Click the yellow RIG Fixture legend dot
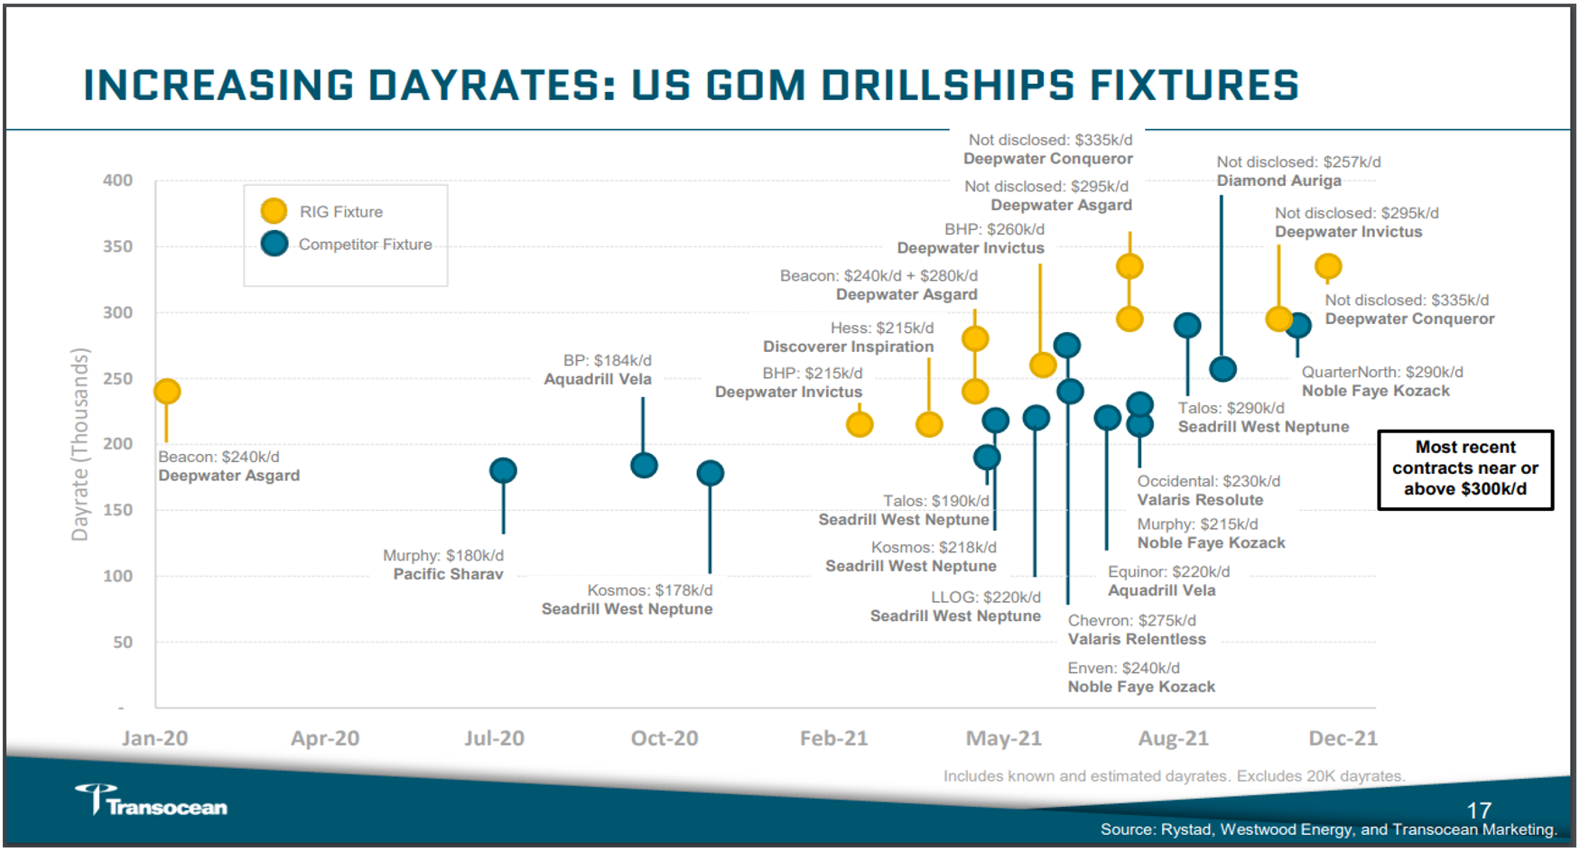pyautogui.click(x=274, y=211)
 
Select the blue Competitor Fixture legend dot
pyautogui.click(x=274, y=244)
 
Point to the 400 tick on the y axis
pyautogui.click(x=117, y=181)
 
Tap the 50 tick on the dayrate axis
pyautogui.click(x=123, y=643)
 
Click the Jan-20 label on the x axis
pyautogui.click(x=154, y=738)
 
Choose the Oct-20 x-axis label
pyautogui.click(x=665, y=738)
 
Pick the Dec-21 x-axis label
pyautogui.click(x=1343, y=738)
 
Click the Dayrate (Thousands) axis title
pyautogui.click(x=80, y=444)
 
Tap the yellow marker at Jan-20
pyautogui.click(x=167, y=391)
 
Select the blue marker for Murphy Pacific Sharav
pyautogui.click(x=503, y=470)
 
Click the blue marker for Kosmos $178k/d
pyautogui.click(x=711, y=473)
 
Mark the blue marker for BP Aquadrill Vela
pyautogui.click(x=644, y=466)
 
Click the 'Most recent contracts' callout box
pyautogui.click(x=1464, y=468)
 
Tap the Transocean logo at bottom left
pyautogui.click(x=152, y=801)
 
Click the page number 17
pyautogui.click(x=1479, y=810)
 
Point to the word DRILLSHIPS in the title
pyautogui.click(x=948, y=86)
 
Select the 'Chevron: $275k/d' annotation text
pyautogui.click(x=1131, y=621)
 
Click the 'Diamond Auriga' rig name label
pyautogui.click(x=1278, y=181)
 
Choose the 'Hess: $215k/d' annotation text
pyautogui.click(x=882, y=328)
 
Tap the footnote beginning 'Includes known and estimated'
pyautogui.click(x=1174, y=776)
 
